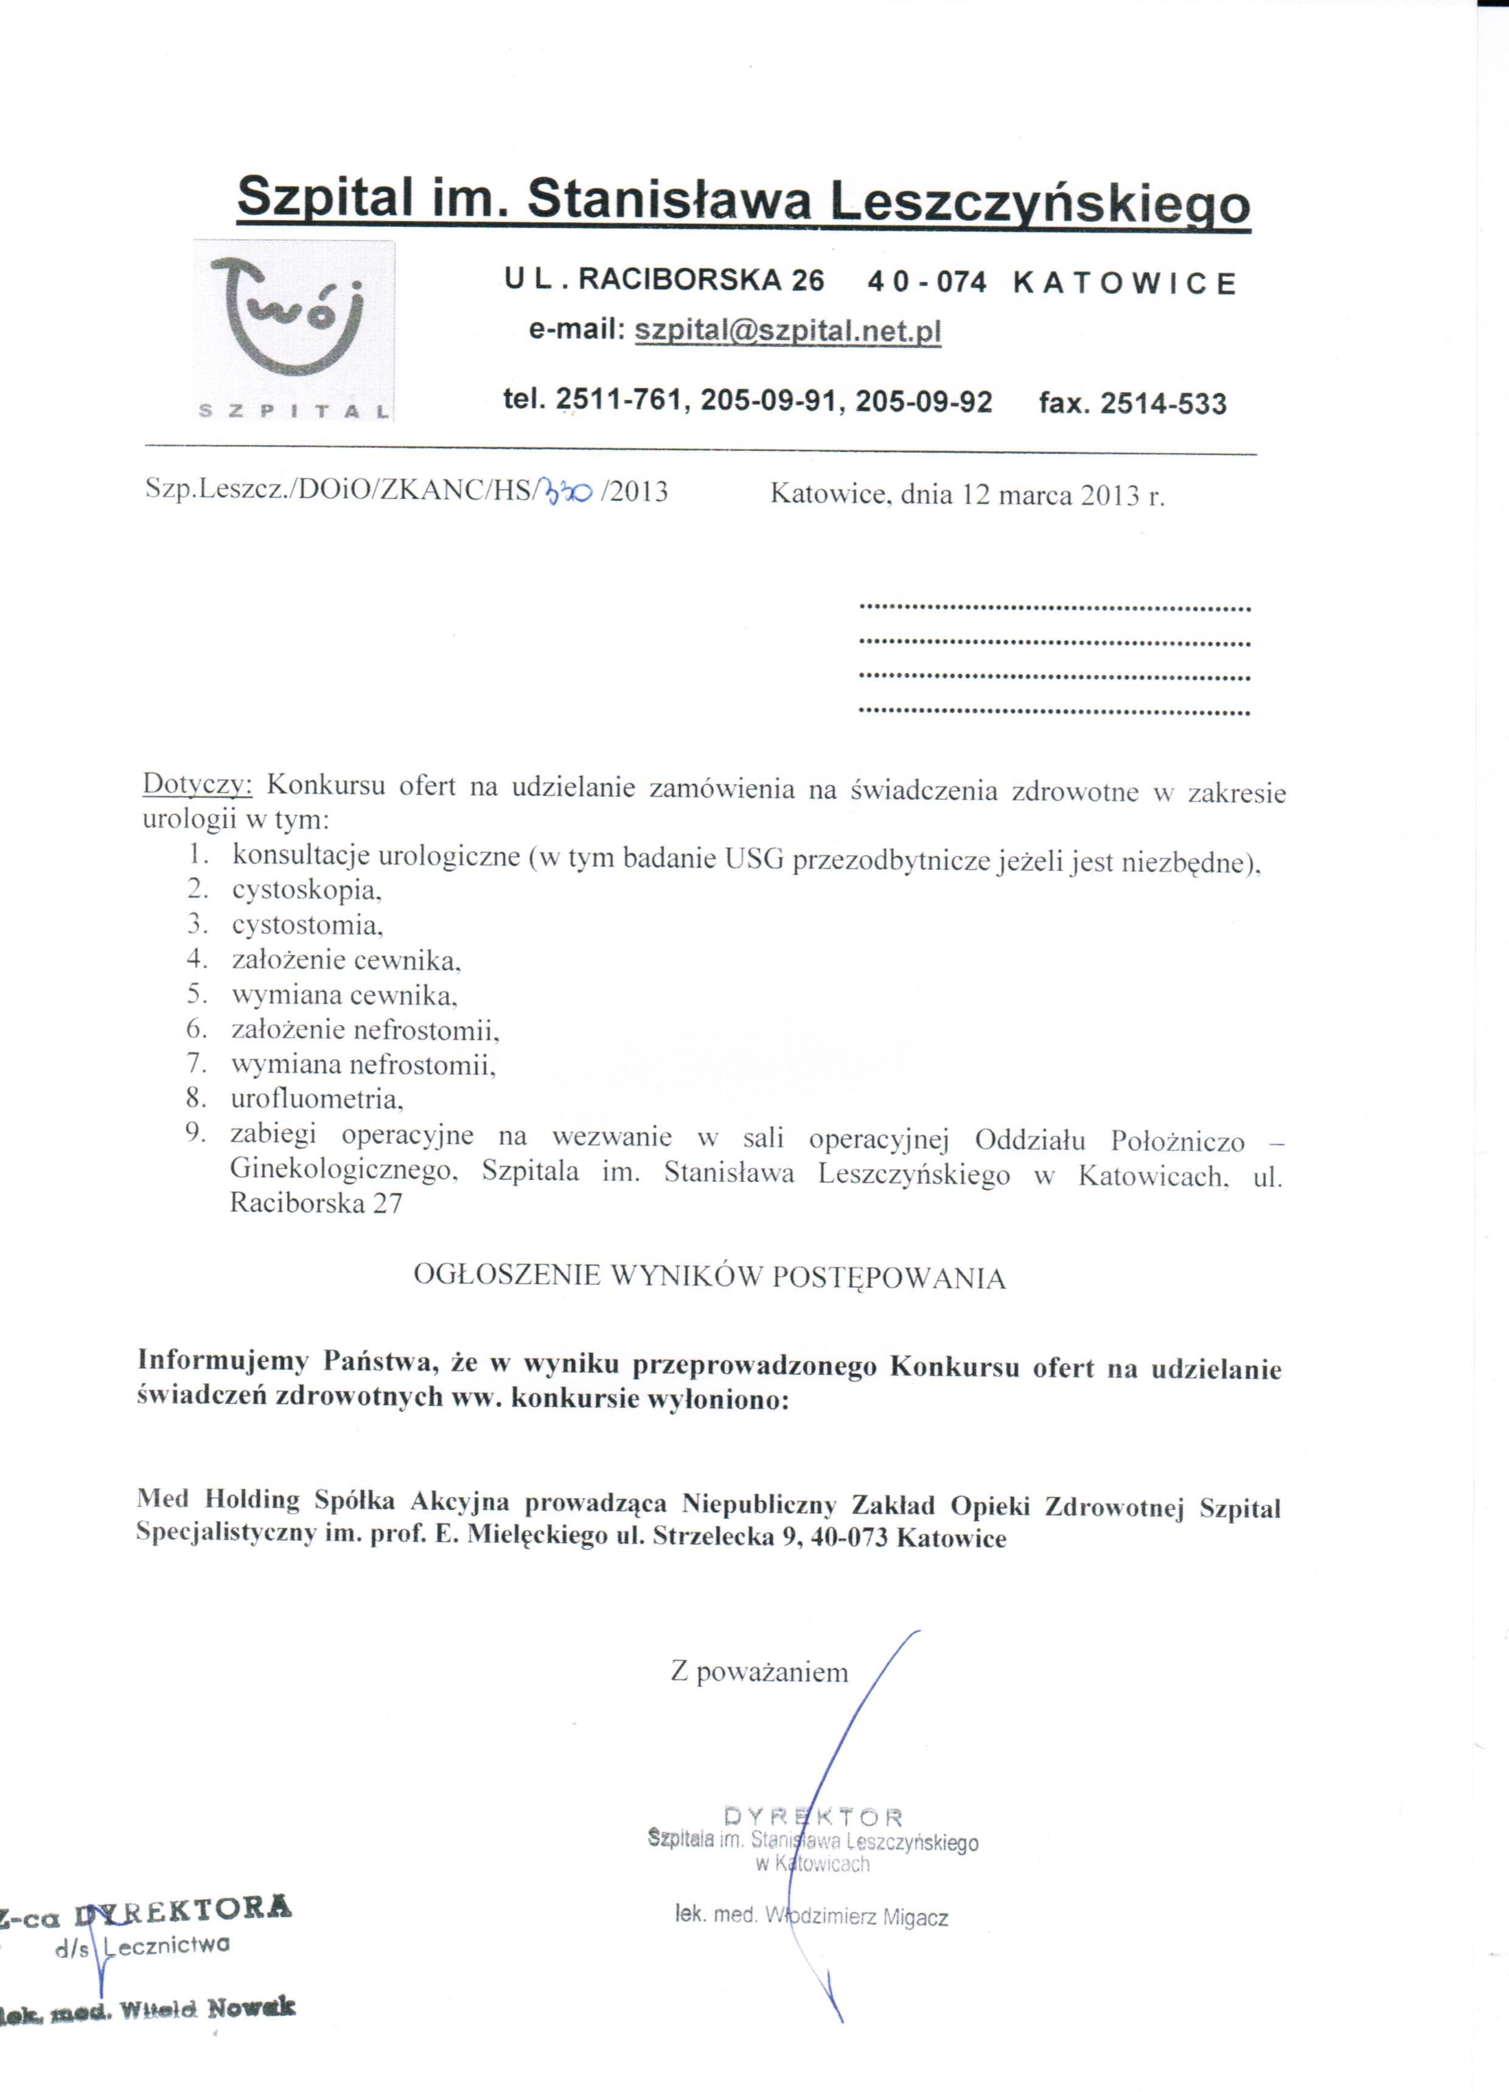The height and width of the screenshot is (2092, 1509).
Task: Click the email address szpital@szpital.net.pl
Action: (788, 331)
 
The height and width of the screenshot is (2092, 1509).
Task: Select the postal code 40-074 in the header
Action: (927, 281)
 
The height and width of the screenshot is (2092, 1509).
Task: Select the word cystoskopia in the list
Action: (306, 890)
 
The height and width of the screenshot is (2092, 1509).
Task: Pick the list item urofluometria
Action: (316, 1099)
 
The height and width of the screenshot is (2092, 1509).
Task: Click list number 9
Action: (195, 1133)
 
